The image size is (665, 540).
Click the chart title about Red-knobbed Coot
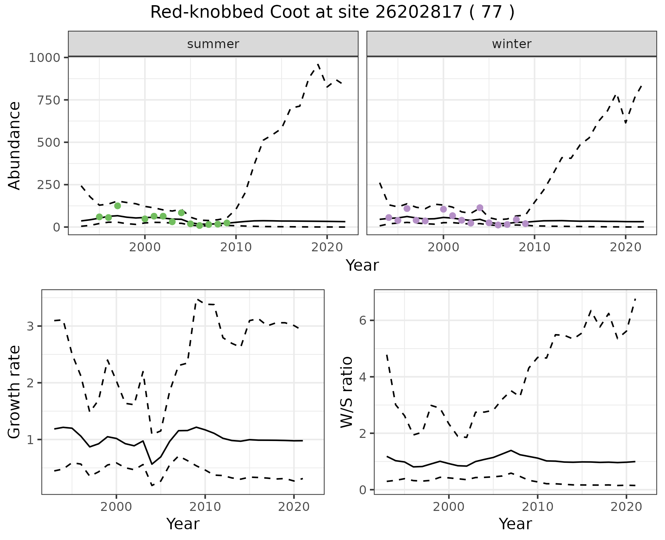tap(332, 12)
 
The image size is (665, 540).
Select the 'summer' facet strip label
tap(213, 44)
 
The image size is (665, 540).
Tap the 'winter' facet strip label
tap(512, 44)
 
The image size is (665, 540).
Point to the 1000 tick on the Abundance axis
tap(44, 57)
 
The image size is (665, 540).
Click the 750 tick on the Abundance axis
tap(48, 100)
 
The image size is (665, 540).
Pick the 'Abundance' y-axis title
tap(15, 145)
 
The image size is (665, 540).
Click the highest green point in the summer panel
tap(117, 206)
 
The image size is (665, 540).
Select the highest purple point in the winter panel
tap(480, 208)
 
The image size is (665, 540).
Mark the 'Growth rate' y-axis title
tap(15, 392)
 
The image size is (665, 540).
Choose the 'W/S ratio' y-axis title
tap(347, 392)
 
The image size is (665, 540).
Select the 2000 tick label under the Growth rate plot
tap(116, 507)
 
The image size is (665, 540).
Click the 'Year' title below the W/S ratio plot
tap(515, 524)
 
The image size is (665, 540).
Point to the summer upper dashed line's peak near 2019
tap(318, 64)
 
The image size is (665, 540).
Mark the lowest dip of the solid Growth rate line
tap(152, 464)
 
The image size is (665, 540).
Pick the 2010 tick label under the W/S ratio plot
tap(537, 507)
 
